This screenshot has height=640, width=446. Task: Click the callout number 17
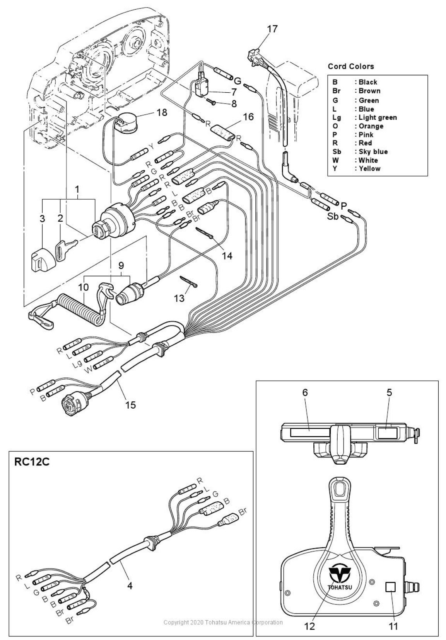(272, 29)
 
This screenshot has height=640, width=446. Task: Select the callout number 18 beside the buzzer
(162, 112)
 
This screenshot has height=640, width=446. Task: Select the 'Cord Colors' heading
(351, 66)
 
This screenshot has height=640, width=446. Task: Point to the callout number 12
(309, 626)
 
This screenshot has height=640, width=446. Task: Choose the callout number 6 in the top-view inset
(305, 392)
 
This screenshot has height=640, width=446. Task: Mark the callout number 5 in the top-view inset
(389, 392)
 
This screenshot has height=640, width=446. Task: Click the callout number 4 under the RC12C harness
(130, 586)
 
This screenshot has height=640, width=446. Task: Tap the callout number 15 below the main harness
(130, 405)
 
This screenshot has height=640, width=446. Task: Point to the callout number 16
(248, 117)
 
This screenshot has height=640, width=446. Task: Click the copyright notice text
(223, 622)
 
